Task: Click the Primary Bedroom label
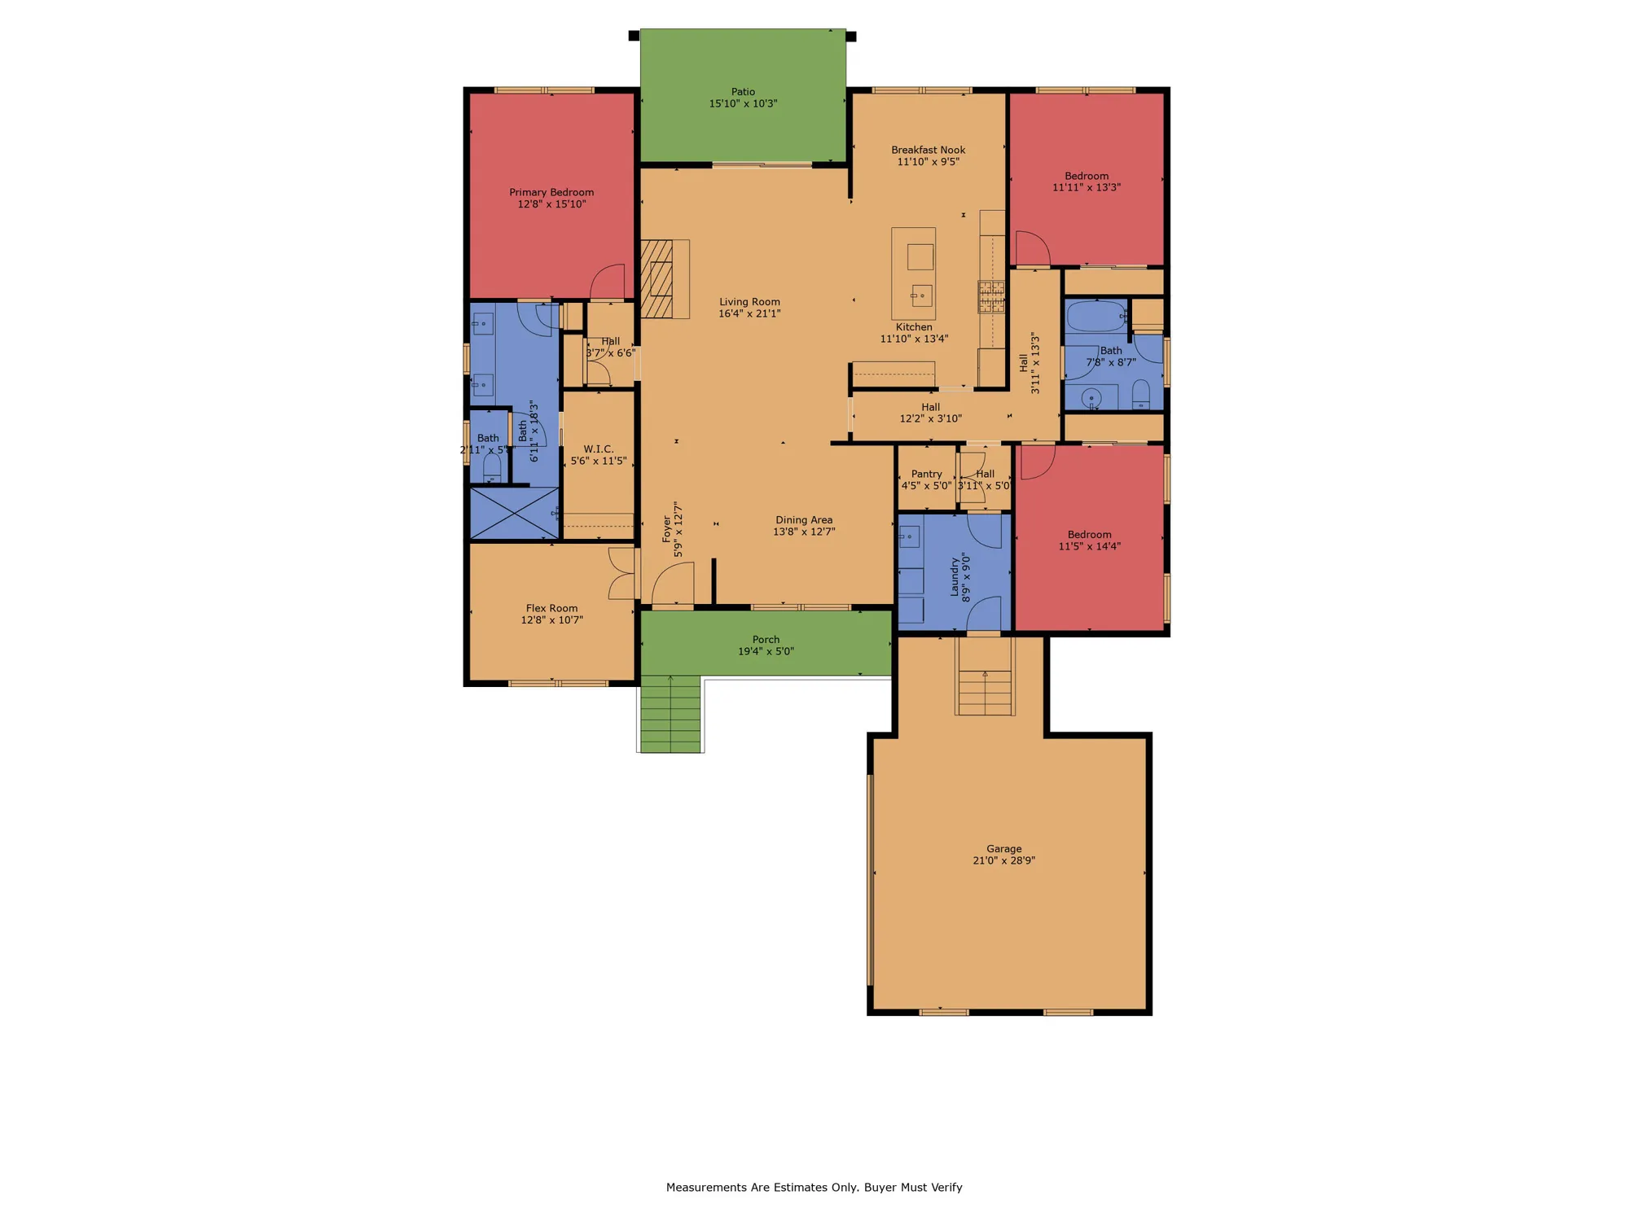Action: point(551,192)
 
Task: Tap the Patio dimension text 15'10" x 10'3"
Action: point(743,103)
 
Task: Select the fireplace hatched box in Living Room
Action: point(656,278)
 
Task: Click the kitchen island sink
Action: point(921,295)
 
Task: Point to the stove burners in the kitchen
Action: point(991,296)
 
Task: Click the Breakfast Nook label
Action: point(928,150)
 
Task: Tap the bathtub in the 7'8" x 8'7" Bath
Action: point(1096,316)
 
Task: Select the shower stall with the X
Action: point(515,513)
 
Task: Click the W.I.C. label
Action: point(598,449)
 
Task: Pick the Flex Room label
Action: point(551,608)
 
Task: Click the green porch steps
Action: point(670,714)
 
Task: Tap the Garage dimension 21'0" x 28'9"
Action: point(1003,860)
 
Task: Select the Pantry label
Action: point(926,474)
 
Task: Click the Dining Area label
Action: point(803,520)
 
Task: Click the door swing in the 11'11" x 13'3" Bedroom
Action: point(1031,248)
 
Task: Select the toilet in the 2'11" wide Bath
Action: point(491,467)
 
